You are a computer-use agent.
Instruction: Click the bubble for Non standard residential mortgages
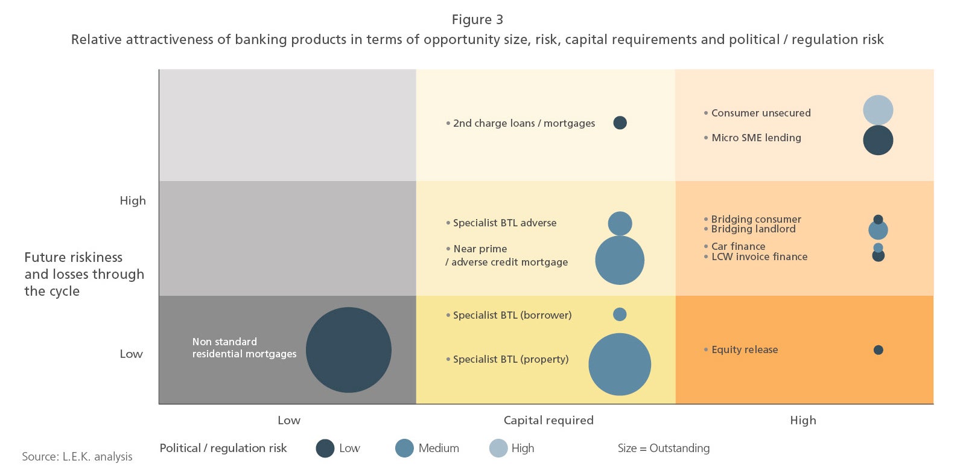click(x=349, y=350)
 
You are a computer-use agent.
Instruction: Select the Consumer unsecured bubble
click(x=878, y=110)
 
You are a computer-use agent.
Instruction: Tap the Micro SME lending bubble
click(x=878, y=140)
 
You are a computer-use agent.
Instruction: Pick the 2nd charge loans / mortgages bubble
click(x=620, y=123)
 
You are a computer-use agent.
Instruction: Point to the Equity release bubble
click(x=879, y=350)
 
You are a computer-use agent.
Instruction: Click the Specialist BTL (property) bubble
click(x=620, y=365)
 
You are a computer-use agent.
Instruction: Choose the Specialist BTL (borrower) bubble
click(x=620, y=314)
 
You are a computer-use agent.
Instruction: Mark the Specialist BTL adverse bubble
click(x=620, y=223)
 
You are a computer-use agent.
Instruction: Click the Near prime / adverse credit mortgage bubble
click(x=620, y=260)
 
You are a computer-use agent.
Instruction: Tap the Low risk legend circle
click(x=325, y=448)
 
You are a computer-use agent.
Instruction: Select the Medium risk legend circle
click(x=404, y=448)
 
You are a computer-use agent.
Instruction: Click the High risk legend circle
click(x=498, y=448)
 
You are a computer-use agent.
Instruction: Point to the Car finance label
click(x=738, y=246)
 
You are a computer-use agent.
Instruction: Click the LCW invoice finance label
click(x=759, y=257)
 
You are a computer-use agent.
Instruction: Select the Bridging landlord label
click(x=753, y=229)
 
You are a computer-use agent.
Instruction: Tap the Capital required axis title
click(x=548, y=420)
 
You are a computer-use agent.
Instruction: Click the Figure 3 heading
click(x=477, y=20)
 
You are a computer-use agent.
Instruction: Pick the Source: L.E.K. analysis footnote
click(x=77, y=456)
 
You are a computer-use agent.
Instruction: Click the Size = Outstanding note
click(x=663, y=448)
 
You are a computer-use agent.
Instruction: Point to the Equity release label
click(x=745, y=349)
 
